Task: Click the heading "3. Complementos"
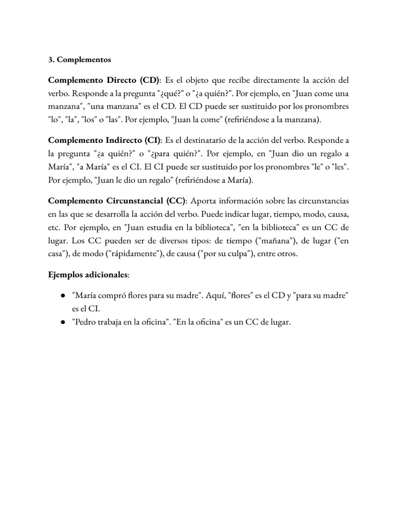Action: pos(79,60)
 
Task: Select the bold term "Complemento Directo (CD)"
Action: pos(104,80)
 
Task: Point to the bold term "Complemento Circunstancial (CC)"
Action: pos(117,201)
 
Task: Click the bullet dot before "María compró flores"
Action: pos(62,295)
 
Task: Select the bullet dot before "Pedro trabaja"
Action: pos(62,322)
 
